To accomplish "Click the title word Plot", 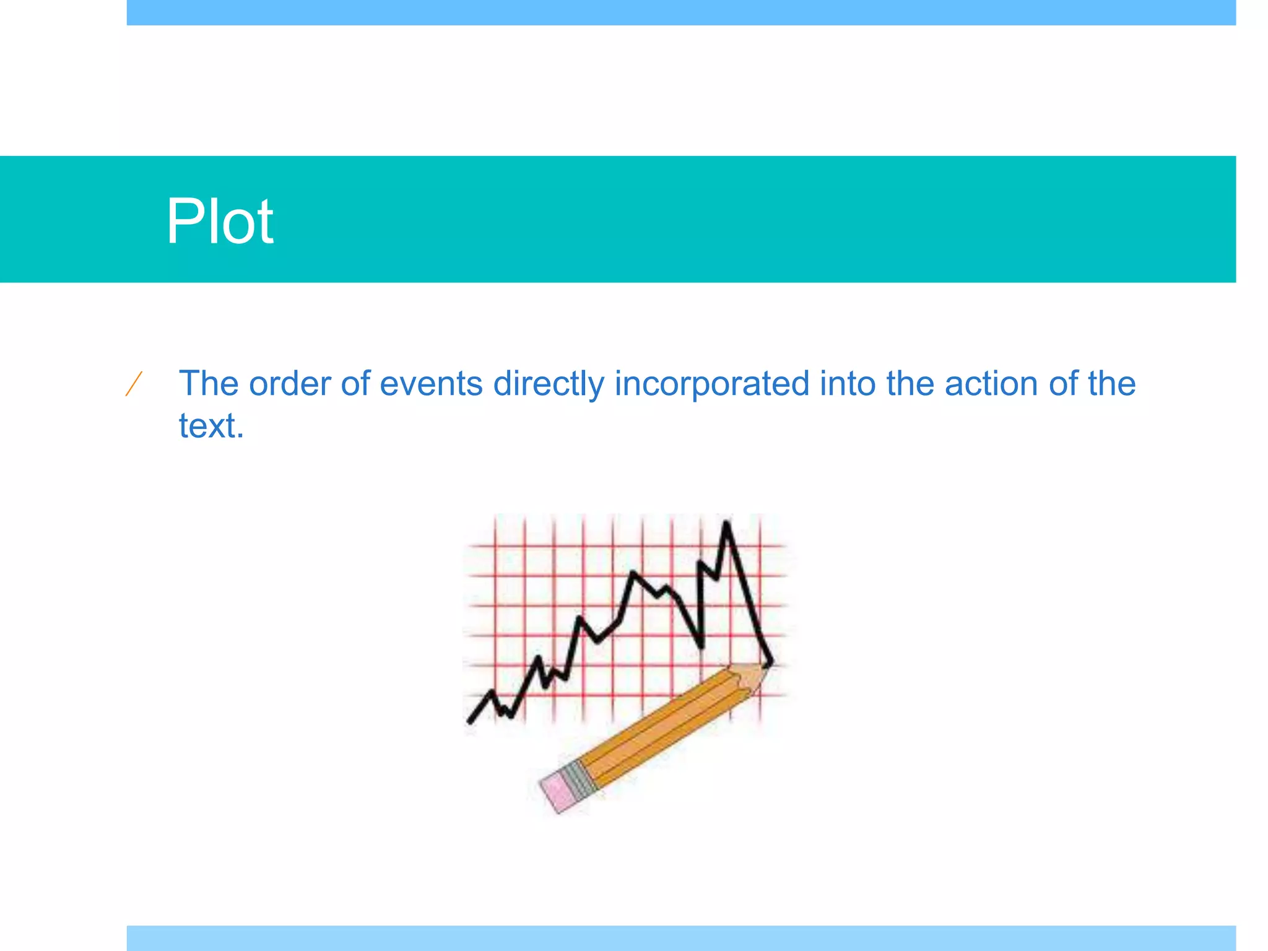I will click(x=219, y=221).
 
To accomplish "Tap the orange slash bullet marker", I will click(x=134, y=384).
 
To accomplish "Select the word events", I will click(x=430, y=384).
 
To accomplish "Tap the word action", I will click(x=991, y=384).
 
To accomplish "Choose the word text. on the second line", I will click(x=211, y=426).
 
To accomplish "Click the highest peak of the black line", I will click(x=726, y=525).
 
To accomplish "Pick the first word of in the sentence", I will click(x=355, y=384).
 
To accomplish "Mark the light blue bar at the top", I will click(x=681, y=12).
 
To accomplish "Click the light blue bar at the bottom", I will click(x=681, y=937).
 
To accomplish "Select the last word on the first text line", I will click(x=1111, y=384).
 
